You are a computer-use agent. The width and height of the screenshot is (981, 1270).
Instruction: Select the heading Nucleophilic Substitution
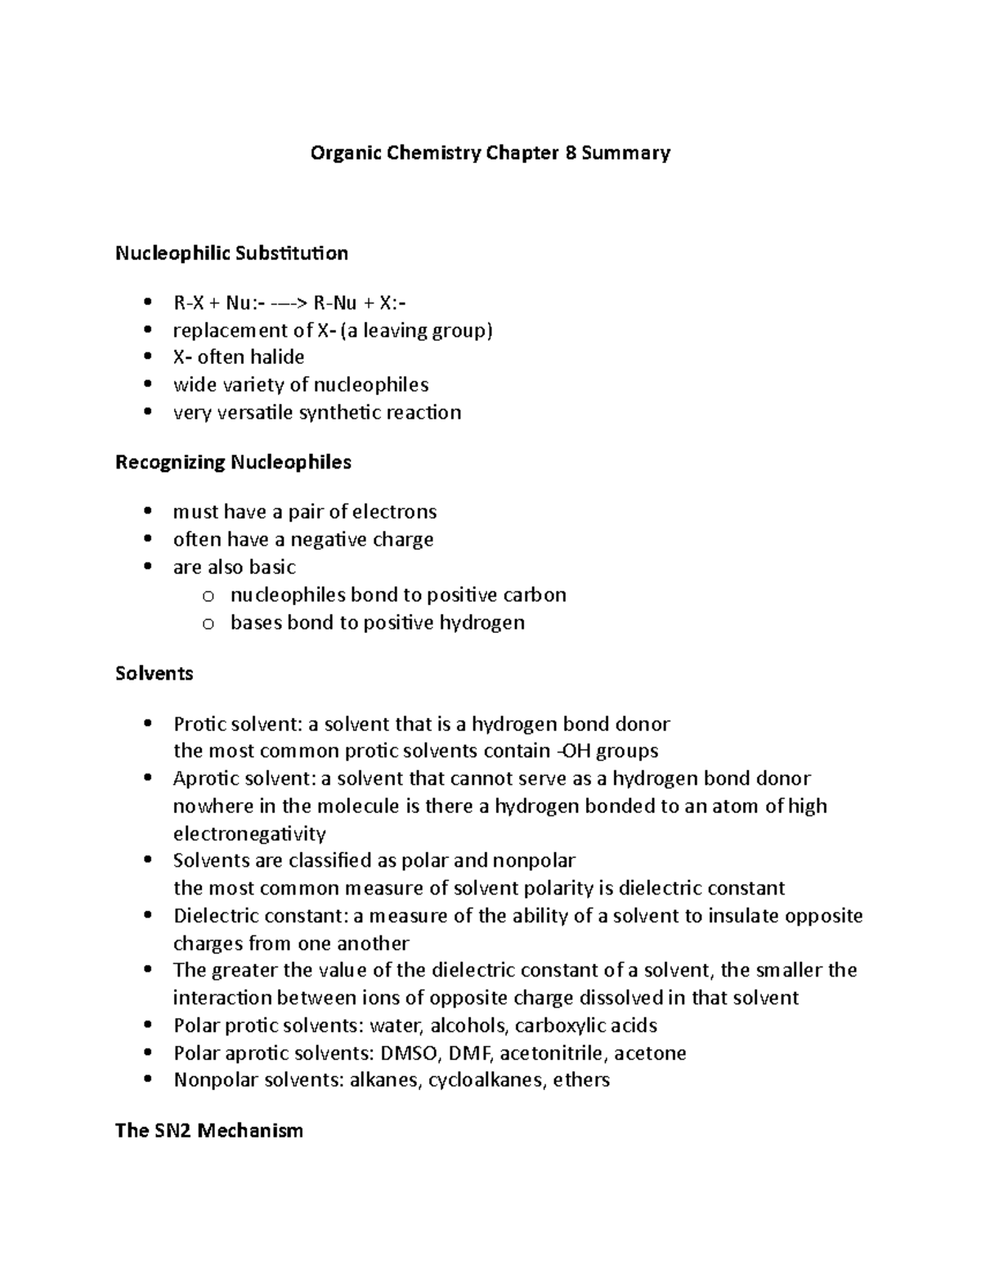point(231,254)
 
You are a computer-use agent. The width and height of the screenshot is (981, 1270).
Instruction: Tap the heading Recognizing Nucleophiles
point(233,463)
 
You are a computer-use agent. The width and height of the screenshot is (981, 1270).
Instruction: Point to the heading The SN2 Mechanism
point(208,1131)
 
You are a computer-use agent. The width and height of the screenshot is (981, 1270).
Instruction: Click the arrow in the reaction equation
point(288,303)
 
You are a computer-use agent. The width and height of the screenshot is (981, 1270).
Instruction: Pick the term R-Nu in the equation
point(335,303)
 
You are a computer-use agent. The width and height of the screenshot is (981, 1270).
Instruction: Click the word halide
point(275,357)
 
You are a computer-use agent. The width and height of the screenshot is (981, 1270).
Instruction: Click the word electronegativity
point(249,834)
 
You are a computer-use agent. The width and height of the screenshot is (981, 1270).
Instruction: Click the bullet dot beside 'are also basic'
point(147,568)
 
